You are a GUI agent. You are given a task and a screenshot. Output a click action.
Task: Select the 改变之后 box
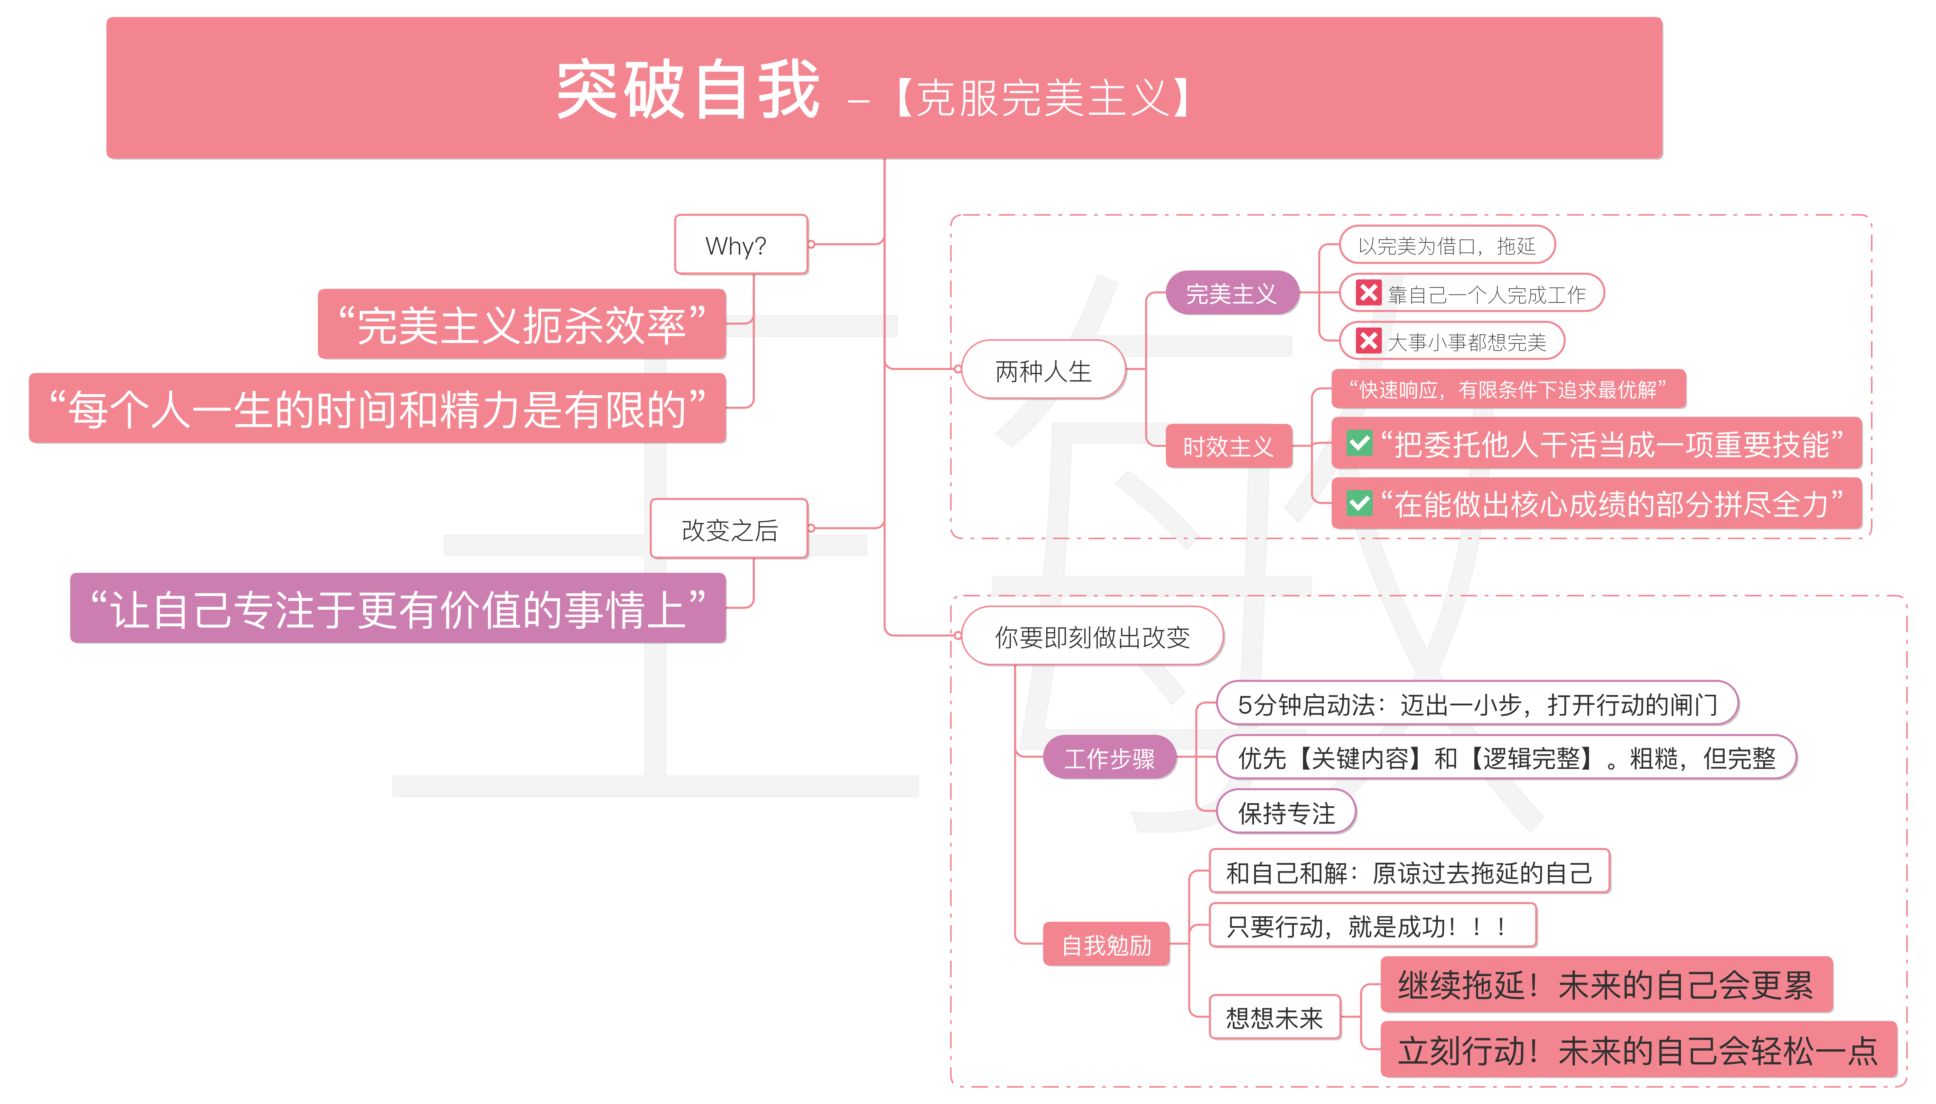coord(729,529)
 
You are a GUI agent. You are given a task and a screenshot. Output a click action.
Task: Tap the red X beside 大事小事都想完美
coord(1368,341)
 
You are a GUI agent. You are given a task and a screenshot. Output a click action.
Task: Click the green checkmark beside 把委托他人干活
coord(1359,444)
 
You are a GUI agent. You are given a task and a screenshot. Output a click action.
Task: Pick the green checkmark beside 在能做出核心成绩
coord(1359,503)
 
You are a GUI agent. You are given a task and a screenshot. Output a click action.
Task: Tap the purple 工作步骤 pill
coord(1109,758)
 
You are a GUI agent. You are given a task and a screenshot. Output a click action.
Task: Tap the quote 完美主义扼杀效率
coord(522,324)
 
